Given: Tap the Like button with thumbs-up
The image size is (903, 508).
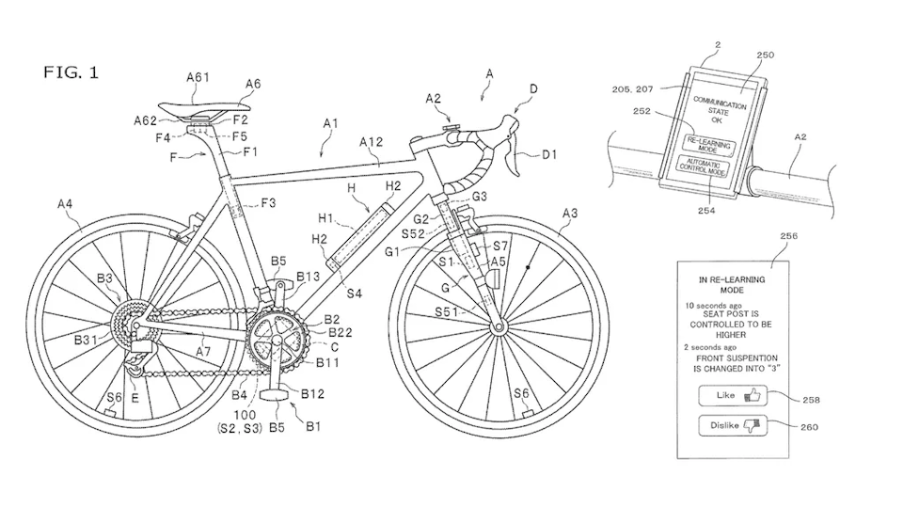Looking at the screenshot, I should [x=733, y=396].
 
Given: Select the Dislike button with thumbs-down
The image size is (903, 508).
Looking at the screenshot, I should [x=733, y=426].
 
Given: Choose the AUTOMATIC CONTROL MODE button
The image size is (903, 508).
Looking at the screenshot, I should [x=704, y=167].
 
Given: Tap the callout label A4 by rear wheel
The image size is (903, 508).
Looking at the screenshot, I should [x=66, y=202].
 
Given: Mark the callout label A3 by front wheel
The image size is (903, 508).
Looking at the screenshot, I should [x=570, y=214].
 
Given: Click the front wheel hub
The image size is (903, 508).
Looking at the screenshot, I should [x=497, y=327].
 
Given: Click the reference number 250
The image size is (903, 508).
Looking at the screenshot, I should [x=764, y=56].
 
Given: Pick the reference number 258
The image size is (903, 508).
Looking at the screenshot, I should [x=812, y=400].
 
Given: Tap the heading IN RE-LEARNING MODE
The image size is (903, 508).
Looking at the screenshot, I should [x=732, y=285].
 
